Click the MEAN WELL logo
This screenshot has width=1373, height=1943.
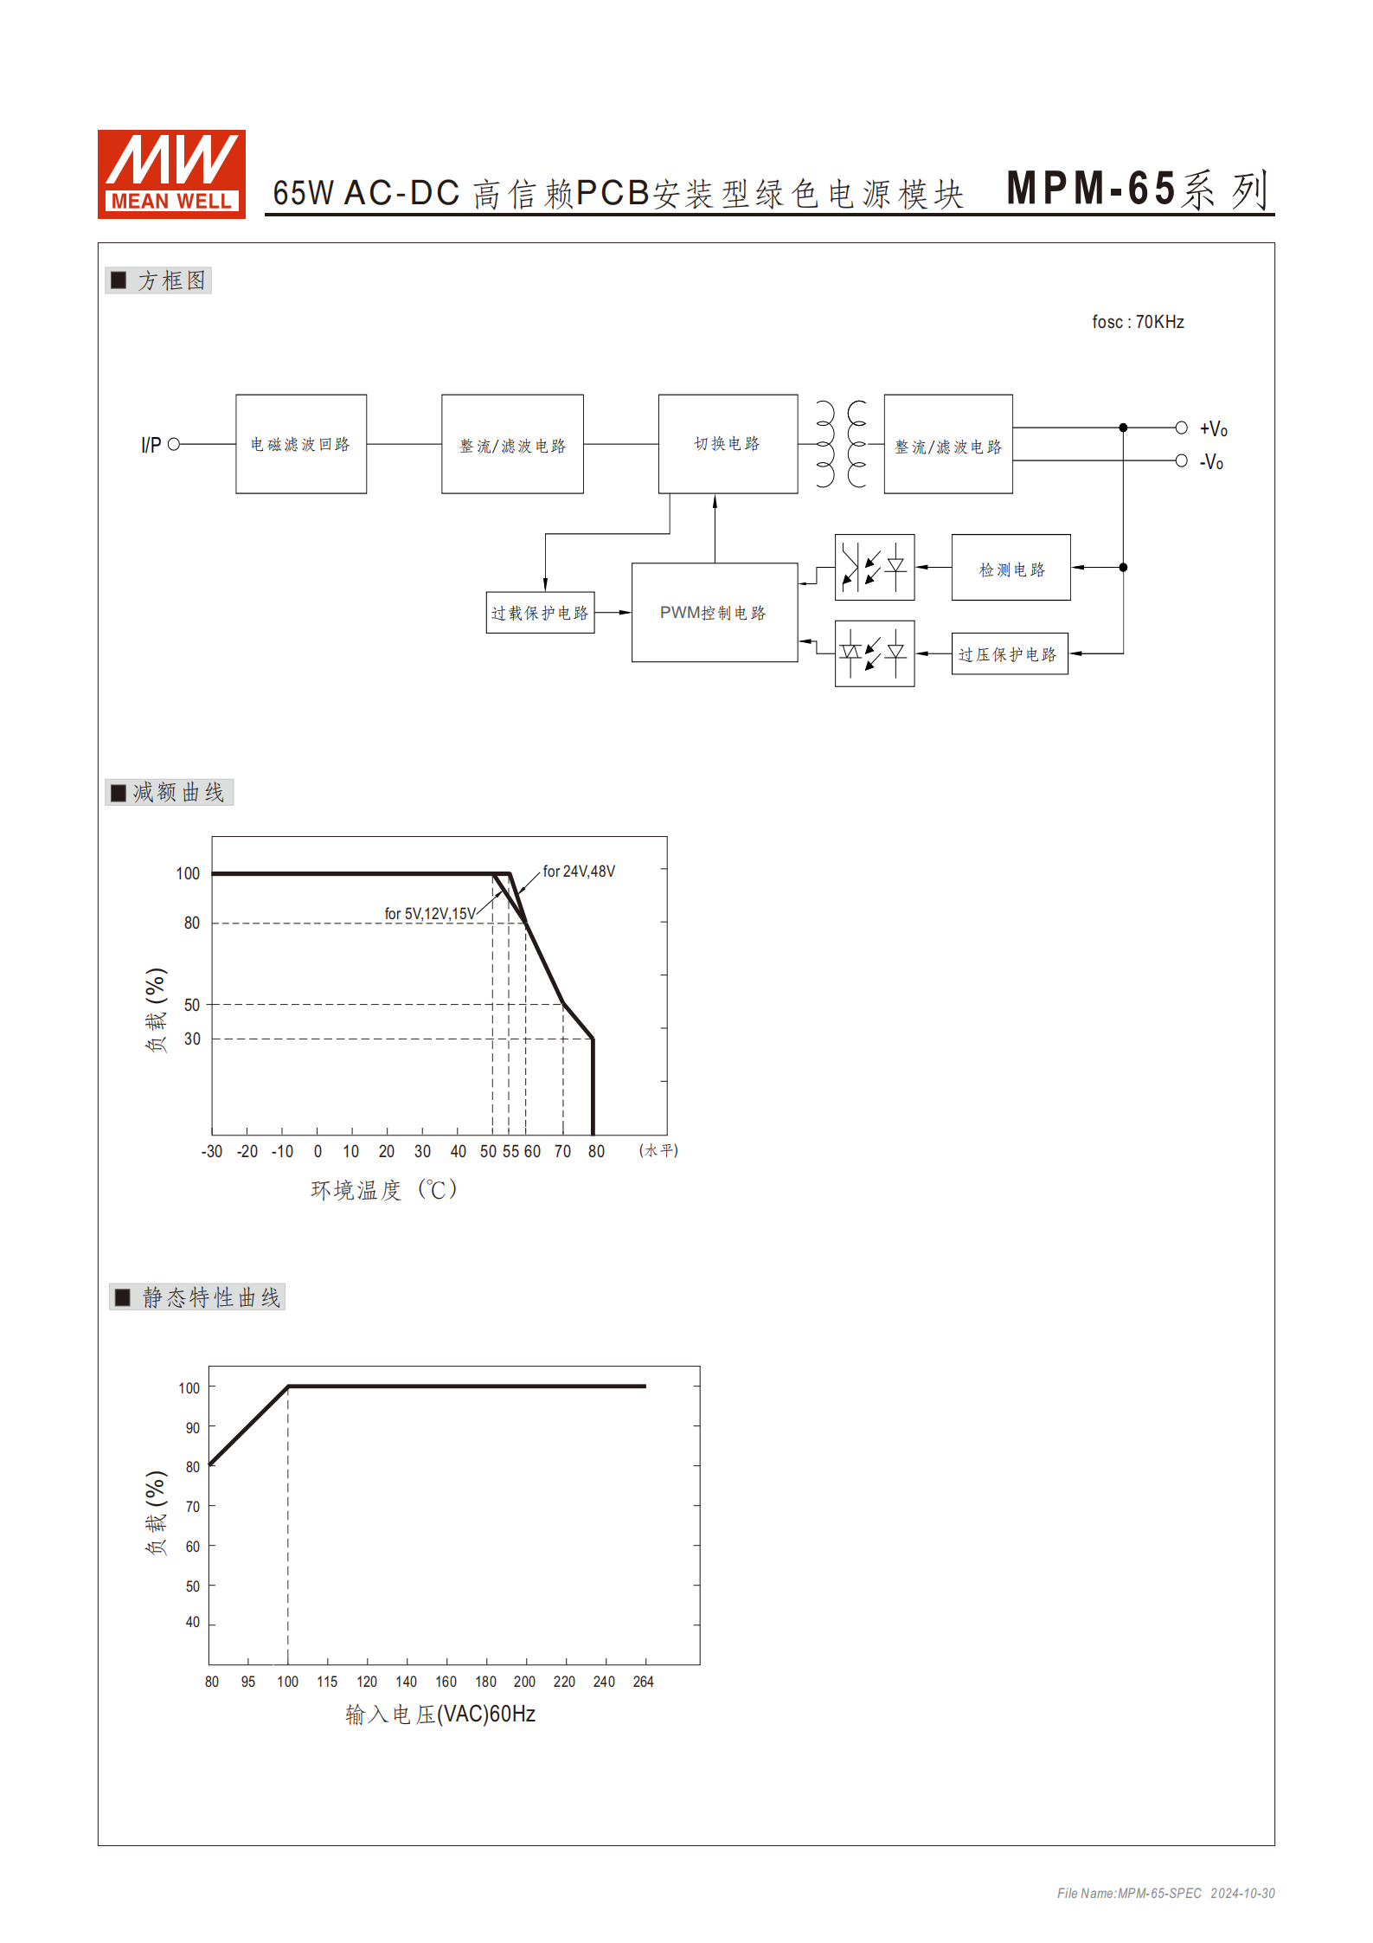pos(171,174)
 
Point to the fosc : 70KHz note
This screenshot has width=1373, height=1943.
pos(1137,322)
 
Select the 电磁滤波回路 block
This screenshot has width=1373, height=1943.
pos(301,444)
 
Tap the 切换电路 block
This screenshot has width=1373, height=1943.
pos(728,444)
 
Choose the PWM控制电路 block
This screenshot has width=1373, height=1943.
pos(715,613)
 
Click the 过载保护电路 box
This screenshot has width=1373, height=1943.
pos(540,613)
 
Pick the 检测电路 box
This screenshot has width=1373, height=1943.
pos(1011,569)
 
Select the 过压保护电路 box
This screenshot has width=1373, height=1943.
pos(1009,654)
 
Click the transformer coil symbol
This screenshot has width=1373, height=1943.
pos(841,444)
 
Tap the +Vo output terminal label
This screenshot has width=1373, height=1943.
pos(1213,428)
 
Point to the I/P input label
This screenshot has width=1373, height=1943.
pos(151,445)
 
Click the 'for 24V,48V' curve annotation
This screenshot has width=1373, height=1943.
pos(579,872)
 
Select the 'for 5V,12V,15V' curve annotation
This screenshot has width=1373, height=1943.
pos(429,914)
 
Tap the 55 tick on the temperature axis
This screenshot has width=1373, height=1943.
pos(510,1151)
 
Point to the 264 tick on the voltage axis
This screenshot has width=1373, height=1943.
pos(643,1682)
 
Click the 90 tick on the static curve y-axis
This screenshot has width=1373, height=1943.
pos(192,1427)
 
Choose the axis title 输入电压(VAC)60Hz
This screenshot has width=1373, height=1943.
pos(440,1715)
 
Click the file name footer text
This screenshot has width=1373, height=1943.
pos(1165,1894)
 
